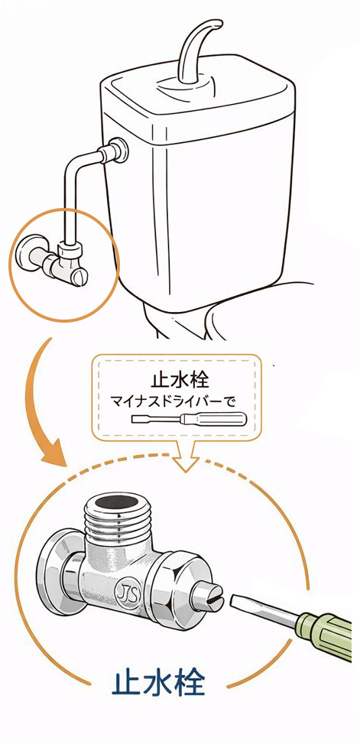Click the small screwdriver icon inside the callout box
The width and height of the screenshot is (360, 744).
point(188,419)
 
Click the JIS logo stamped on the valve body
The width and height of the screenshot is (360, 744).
point(125,594)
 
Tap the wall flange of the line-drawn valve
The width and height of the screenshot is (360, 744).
point(26,254)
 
